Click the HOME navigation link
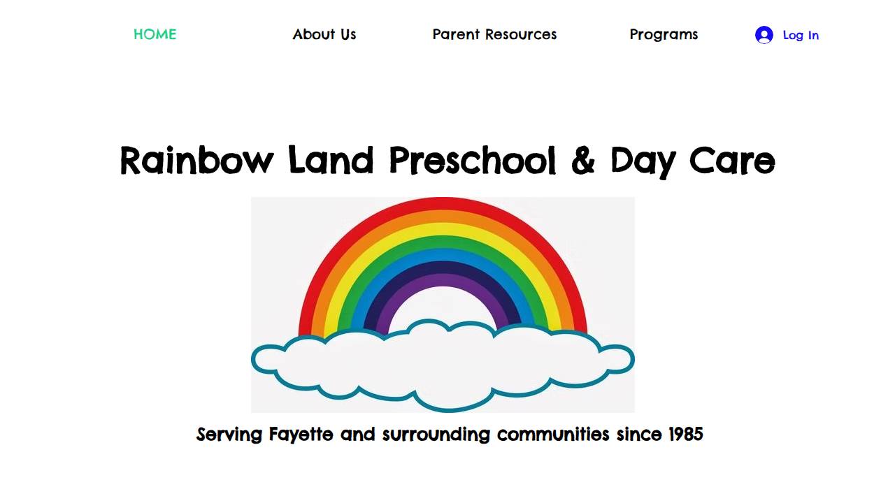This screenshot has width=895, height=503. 155,34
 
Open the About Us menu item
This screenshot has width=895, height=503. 324,34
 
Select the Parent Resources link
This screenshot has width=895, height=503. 494,34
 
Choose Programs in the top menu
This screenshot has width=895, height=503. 664,34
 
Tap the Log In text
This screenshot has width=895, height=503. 801,35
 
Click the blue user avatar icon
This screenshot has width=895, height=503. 764,35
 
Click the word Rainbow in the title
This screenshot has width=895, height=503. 196,161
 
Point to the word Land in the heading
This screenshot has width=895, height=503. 331,161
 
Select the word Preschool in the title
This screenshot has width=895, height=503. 473,161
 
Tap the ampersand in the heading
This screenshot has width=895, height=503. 582,161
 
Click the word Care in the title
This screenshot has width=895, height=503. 732,161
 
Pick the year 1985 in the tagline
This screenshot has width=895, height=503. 685,434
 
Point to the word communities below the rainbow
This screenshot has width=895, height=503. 553,434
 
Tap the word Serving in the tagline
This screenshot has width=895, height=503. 229,434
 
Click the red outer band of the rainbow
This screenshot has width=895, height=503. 443,204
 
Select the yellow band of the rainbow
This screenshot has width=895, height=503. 443,229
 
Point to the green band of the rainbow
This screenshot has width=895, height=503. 443,242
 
